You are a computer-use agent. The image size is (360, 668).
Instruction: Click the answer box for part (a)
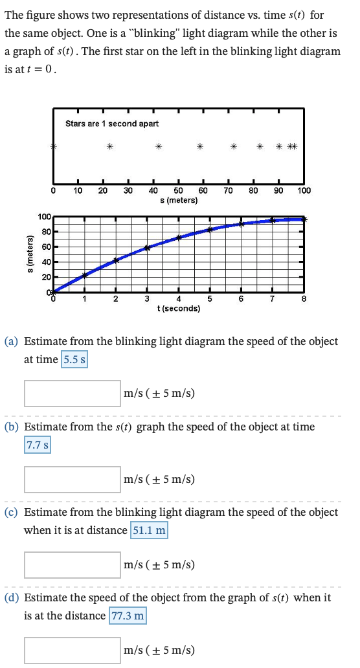coord(73,393)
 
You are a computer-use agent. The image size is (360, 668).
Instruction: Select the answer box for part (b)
coord(73,479)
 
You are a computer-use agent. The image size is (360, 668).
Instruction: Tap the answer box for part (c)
coord(73,564)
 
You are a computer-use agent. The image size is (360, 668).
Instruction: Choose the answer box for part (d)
coord(73,651)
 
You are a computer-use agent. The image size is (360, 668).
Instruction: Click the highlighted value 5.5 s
coord(74,359)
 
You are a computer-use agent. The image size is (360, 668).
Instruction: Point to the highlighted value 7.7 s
coord(38,445)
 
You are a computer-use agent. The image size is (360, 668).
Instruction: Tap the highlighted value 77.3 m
coord(129,616)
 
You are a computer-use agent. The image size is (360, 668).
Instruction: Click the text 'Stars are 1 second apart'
coord(112,123)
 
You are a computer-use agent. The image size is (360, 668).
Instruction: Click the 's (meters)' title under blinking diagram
coord(178,201)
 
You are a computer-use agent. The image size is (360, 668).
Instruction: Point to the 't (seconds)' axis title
coord(178,309)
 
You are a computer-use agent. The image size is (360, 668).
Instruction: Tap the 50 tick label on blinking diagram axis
coord(178,191)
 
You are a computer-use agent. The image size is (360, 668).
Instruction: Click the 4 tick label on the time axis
coord(178,298)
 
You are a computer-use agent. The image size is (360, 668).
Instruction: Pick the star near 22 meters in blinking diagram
coord(110,147)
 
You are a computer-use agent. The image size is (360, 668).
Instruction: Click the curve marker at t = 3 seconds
coord(147,248)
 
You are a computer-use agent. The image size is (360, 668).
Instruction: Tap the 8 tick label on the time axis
coord(304,298)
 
